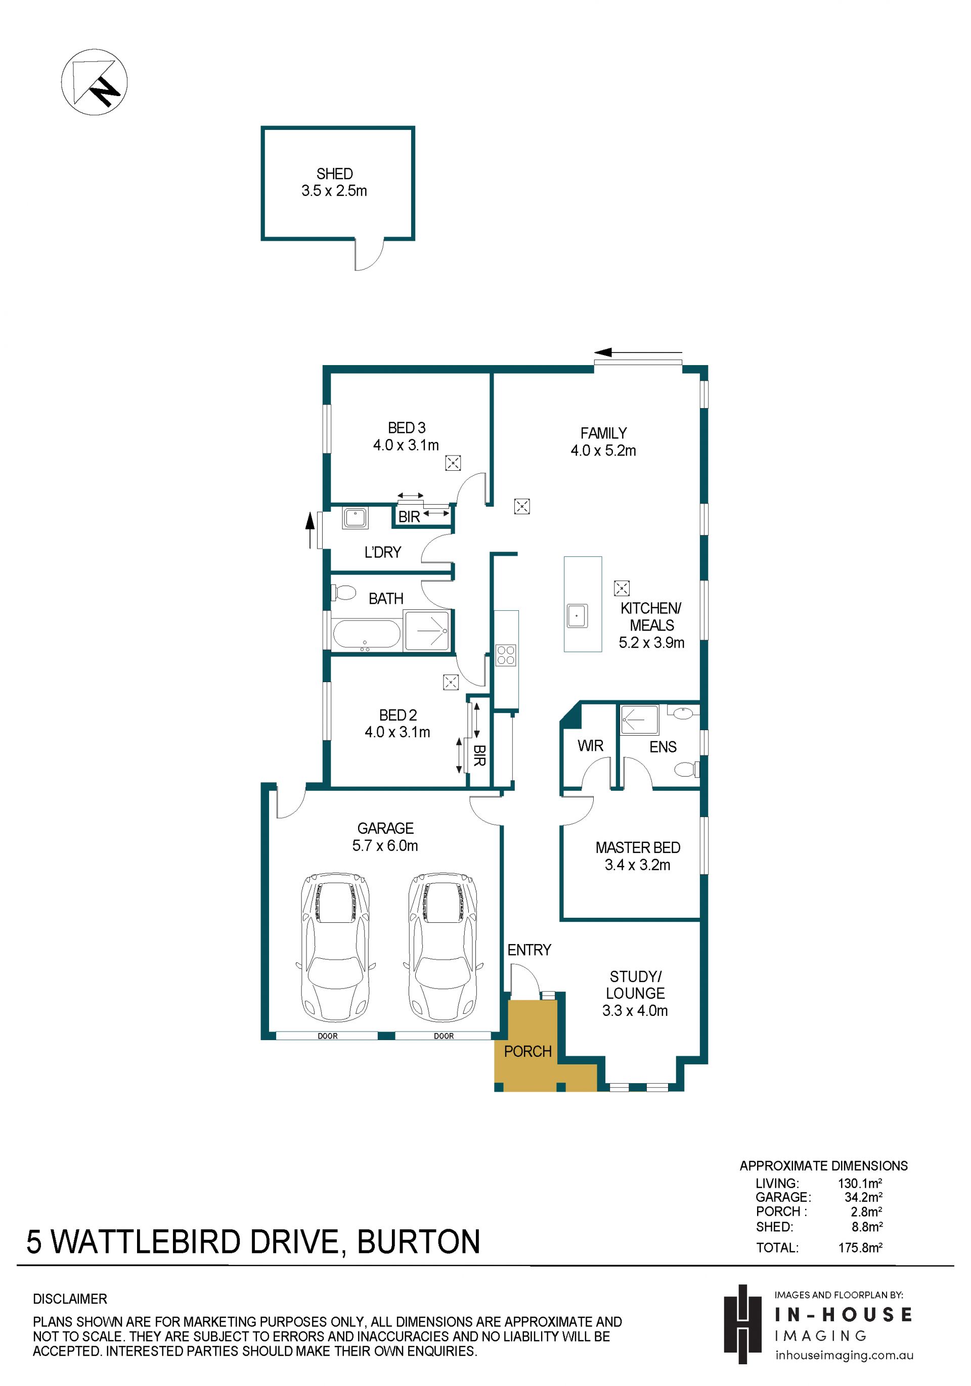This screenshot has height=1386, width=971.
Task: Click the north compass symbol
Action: coord(94,82)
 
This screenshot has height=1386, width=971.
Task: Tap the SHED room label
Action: coord(334,174)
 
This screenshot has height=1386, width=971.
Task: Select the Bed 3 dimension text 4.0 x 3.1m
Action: coord(406,445)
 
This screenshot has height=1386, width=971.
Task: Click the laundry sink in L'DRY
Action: coord(356,518)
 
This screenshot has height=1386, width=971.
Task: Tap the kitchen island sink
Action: coord(577,616)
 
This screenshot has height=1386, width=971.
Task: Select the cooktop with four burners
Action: coord(506,655)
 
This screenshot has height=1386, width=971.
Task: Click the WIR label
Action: coord(590,746)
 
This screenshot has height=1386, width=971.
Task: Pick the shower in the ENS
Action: coord(639,720)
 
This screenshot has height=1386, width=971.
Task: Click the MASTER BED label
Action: coord(638,847)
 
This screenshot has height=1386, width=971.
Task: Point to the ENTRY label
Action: coord(529,950)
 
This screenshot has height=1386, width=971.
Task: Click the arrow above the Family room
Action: coord(638,352)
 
